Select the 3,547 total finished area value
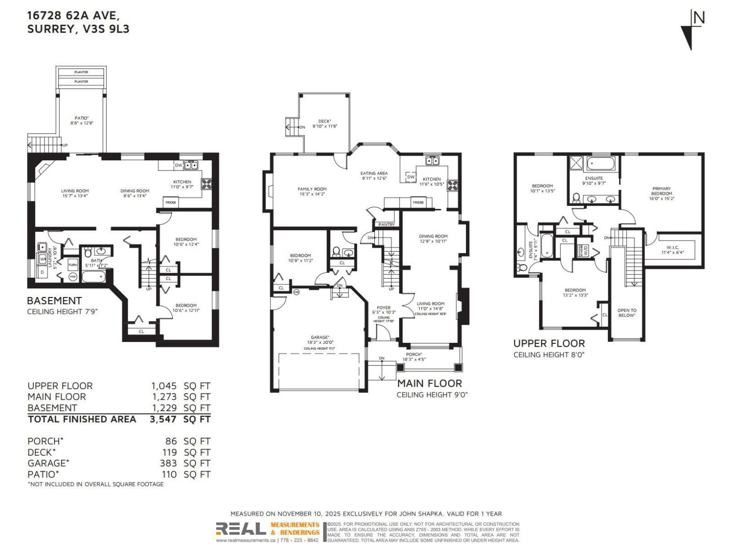point(163,419)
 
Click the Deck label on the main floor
point(324,121)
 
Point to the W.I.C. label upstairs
point(673,247)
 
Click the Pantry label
point(386,225)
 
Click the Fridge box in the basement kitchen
point(170,202)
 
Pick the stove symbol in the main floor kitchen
point(453,186)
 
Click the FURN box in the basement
point(72,265)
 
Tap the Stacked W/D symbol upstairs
point(585,253)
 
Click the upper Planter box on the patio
point(81,72)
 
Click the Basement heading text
point(54,301)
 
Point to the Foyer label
point(383,308)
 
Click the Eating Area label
point(374,173)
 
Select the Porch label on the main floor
point(414,354)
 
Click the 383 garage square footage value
point(168,463)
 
